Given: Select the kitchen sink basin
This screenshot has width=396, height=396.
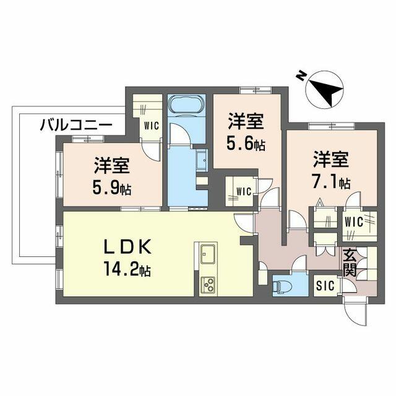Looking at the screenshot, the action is (x=208, y=254).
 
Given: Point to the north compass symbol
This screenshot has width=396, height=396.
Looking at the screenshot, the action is (x=324, y=90).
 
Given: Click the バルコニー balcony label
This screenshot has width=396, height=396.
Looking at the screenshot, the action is (x=75, y=125).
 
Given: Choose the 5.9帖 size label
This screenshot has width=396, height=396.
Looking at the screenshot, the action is (x=112, y=188).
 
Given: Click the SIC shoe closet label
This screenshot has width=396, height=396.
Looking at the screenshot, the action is (x=325, y=286).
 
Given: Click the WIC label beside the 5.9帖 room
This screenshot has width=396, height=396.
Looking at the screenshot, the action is (x=151, y=126).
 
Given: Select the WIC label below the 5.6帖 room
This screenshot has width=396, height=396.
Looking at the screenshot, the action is (x=244, y=191).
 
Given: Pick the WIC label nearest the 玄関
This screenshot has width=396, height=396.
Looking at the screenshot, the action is (x=354, y=222).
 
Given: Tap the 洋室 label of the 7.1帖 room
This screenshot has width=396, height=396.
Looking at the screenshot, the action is (x=331, y=159).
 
